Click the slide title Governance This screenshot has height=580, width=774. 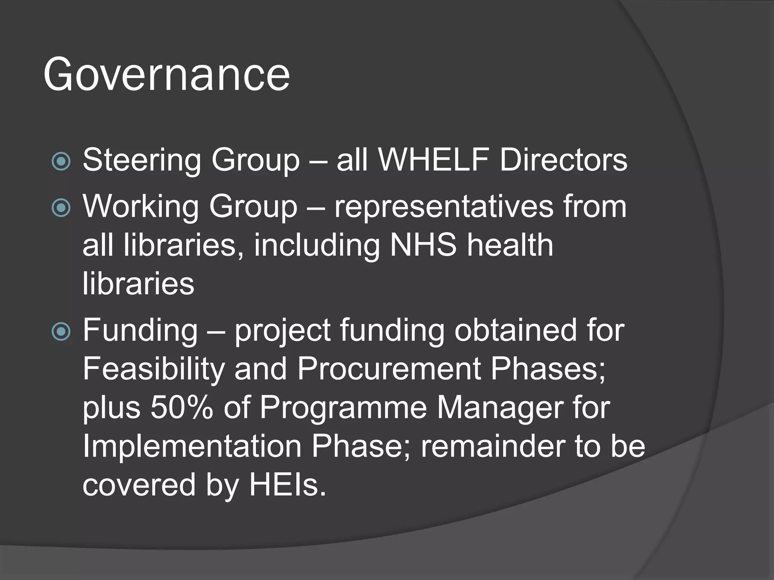[166, 74]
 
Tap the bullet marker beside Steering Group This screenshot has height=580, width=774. [61, 161]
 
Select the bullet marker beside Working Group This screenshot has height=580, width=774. [61, 208]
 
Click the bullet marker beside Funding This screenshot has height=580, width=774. [61, 332]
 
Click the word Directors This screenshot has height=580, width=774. [563, 160]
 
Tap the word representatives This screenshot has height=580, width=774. [443, 207]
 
